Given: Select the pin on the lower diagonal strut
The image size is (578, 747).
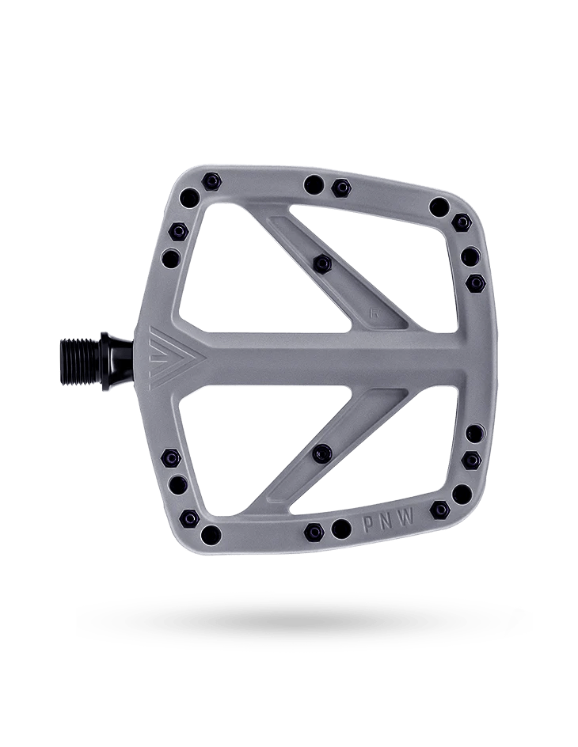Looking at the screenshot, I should click(x=321, y=452).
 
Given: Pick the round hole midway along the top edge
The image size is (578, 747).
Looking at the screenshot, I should click(x=313, y=184).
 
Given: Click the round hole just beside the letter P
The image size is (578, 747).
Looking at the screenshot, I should click(x=341, y=528).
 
